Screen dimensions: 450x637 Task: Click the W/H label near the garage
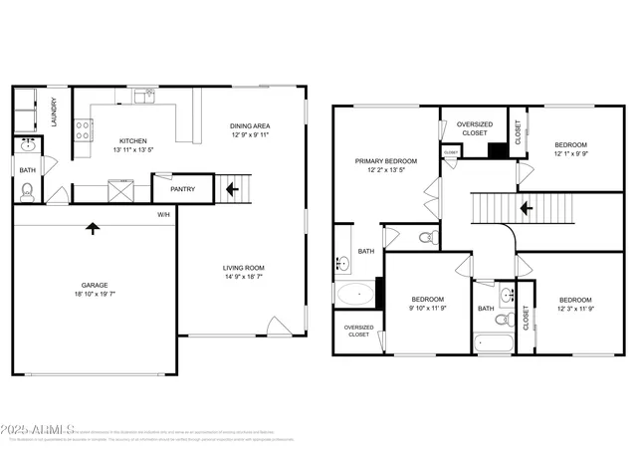click(x=163, y=215)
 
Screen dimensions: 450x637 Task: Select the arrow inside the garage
click(x=94, y=228)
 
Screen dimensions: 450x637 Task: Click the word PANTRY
click(x=182, y=188)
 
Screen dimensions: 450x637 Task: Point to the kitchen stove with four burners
click(x=85, y=129)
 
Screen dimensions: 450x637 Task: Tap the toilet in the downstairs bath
click(x=28, y=191)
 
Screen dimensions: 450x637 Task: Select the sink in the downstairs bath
click(x=26, y=146)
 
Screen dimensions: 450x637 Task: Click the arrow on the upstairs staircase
click(x=526, y=209)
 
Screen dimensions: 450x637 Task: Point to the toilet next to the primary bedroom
click(x=427, y=238)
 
